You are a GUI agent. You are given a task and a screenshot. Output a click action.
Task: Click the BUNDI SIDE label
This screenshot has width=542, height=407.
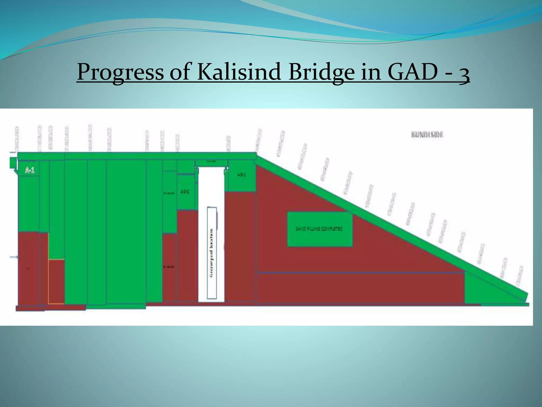(427, 135)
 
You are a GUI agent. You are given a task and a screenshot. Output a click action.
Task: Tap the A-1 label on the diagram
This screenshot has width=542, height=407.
(30, 170)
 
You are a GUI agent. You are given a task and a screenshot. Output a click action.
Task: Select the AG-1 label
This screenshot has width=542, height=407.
(241, 175)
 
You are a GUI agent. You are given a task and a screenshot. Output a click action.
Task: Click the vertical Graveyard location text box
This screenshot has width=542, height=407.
(212, 253)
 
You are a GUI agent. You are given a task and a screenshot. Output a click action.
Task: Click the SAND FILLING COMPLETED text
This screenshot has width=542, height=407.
(319, 229)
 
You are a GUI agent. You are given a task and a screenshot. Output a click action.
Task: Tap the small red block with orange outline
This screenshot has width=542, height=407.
(56, 281)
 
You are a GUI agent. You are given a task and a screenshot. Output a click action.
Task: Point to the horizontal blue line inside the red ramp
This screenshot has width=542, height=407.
(360, 272)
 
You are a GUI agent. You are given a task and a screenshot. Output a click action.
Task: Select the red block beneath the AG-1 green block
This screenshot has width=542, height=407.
(240, 246)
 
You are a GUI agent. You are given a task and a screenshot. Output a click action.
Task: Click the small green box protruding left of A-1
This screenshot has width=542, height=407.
(12, 163)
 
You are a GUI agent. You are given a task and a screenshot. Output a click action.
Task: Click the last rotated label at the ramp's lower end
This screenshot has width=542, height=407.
(520, 276)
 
